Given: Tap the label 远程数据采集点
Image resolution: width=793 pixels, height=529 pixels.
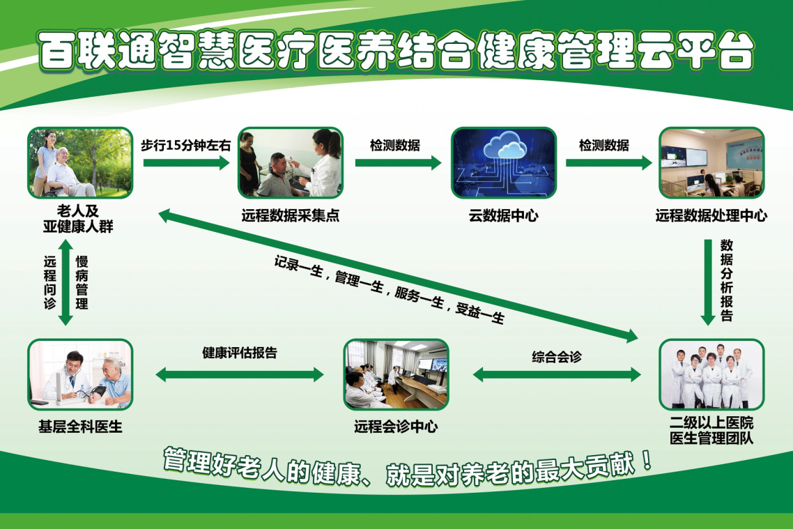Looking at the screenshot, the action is coord(291,216).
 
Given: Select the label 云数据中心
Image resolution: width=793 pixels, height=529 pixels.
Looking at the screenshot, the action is coord(503,216).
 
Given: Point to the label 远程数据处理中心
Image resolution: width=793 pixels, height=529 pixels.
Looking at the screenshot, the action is coord(711,216).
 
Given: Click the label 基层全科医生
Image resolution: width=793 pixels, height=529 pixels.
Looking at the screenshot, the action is coord(80,427).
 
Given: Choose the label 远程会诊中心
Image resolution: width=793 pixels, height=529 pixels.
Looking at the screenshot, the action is coord(396,427).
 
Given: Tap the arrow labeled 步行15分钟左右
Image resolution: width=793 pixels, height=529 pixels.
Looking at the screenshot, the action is coord(187,162).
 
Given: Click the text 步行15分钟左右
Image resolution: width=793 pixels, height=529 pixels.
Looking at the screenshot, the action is coord(185,146).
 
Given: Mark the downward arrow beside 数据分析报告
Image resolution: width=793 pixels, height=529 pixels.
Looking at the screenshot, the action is coord(708,282).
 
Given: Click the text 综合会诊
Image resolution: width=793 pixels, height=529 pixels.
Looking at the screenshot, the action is coord(557,357).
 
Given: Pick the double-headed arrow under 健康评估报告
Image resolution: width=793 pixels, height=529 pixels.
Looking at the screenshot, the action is coord(240,375).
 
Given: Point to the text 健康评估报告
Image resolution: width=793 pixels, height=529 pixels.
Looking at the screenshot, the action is coord(240,353).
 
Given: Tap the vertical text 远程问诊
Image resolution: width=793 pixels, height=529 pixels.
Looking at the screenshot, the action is coord(49,282).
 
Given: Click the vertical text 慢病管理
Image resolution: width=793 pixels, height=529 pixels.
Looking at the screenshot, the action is coord(82,282).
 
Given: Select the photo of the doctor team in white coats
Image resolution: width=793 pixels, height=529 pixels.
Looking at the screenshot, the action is coord(711,374).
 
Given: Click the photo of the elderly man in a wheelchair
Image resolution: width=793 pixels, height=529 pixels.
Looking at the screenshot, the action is coord(80,162).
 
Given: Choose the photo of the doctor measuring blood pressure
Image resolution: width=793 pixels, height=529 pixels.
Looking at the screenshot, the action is coord(80,374).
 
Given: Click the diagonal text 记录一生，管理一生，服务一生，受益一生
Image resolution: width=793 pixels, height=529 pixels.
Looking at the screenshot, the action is coord(390,290).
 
